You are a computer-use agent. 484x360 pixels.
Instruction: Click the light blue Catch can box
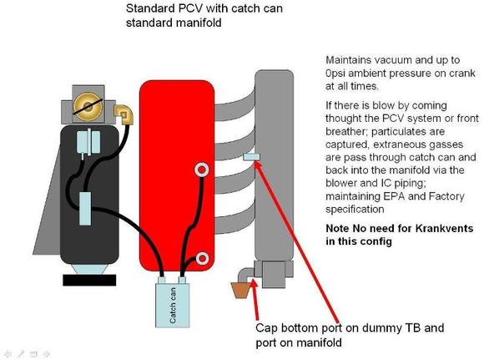point(172,306)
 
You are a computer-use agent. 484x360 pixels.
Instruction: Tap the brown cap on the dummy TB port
point(241,290)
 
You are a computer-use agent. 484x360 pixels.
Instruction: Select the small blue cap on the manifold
point(251,157)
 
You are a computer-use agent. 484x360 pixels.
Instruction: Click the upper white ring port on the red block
point(202,170)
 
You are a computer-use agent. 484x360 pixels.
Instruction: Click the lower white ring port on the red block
point(203,258)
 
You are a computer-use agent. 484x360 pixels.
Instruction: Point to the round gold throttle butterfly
point(88,107)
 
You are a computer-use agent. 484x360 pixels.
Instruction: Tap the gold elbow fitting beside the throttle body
point(124,114)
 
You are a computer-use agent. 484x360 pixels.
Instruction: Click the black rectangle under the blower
point(89,280)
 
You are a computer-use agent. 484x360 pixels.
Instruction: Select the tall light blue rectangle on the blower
point(85,209)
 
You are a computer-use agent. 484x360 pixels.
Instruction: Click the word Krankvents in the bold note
point(444,228)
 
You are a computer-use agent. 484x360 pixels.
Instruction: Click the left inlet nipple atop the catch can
point(162,280)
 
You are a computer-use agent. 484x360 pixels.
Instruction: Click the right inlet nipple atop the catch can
point(183,280)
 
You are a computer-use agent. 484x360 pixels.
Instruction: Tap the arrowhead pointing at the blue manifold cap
point(258,165)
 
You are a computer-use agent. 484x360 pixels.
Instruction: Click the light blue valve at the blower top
point(88,143)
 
